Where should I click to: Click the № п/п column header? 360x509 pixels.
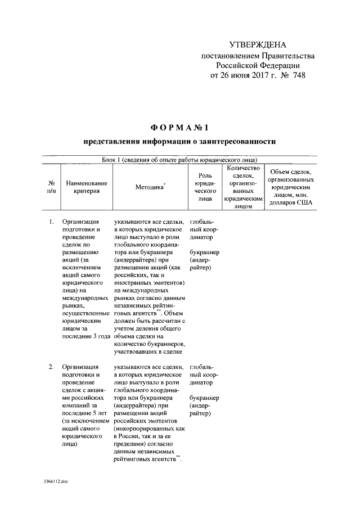tap(51, 187)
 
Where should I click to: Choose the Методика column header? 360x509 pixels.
tap(150, 187)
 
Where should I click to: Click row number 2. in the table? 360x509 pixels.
tap(51, 367)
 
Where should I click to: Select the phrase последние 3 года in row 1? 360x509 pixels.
tap(85, 336)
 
